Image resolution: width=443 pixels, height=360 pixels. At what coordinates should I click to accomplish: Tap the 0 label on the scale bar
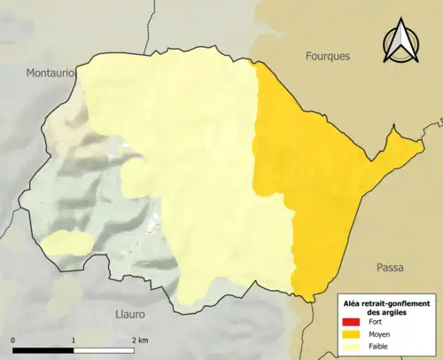(13, 340)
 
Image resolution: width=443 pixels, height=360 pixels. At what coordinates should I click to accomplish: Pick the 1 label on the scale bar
(73, 340)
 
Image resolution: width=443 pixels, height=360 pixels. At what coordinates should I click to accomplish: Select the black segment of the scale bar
(43, 350)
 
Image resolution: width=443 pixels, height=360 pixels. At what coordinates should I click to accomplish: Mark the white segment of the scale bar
(103, 350)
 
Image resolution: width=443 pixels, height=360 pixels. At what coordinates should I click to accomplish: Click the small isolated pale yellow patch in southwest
(66, 242)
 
